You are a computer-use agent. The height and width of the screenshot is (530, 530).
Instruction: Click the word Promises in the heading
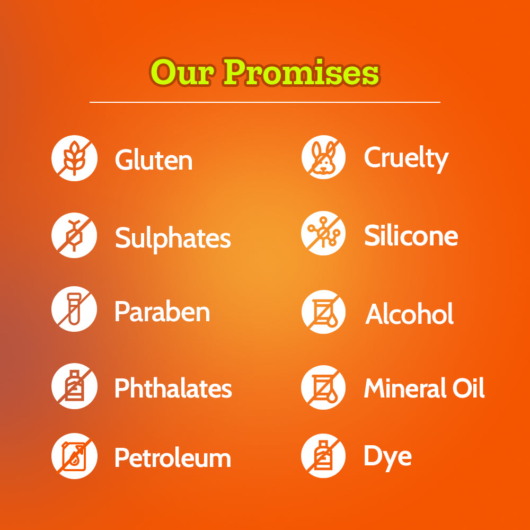tap(302, 72)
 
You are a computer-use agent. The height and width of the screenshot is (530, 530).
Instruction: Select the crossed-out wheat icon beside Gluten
tap(74, 158)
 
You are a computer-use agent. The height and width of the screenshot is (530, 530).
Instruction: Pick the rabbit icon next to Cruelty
tap(323, 157)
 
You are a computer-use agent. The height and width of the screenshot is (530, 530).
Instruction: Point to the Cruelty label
tap(407, 159)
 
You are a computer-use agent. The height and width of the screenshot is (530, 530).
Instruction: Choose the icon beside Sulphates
tap(74, 235)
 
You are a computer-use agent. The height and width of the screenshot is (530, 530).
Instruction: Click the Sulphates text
tap(173, 239)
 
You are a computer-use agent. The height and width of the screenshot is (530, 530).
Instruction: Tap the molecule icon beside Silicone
tap(323, 233)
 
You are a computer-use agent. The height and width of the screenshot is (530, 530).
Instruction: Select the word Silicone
tap(411, 235)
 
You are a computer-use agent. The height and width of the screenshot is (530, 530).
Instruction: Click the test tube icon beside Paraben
tap(74, 309)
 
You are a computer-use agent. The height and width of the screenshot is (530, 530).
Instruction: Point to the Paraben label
tap(163, 311)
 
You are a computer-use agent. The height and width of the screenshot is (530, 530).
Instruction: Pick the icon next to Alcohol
tap(323, 312)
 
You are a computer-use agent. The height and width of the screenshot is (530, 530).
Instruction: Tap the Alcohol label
tap(409, 313)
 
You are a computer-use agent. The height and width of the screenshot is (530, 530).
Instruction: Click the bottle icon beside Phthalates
tap(74, 386)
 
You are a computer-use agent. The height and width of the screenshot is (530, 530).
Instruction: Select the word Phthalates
tap(173, 388)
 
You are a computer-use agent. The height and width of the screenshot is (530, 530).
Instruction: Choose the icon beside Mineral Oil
tap(323, 387)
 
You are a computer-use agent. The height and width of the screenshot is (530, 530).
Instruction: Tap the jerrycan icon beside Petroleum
tap(74, 456)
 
